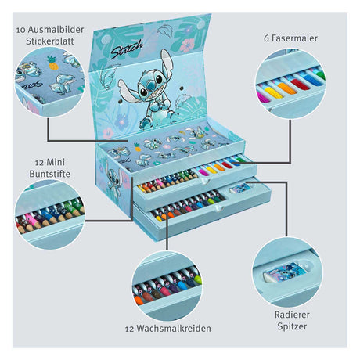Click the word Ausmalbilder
(x=56, y=30)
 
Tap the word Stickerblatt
(x=50, y=41)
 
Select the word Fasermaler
(x=294, y=38)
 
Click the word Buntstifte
(x=49, y=174)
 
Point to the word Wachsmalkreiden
(x=174, y=329)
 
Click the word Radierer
(x=292, y=315)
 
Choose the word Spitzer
(x=292, y=326)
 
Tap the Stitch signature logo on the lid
(x=127, y=49)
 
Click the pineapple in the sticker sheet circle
(x=53, y=63)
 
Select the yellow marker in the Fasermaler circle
(x=273, y=92)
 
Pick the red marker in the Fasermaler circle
(x=300, y=84)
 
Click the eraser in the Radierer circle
(x=285, y=272)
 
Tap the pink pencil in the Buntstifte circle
(x=34, y=221)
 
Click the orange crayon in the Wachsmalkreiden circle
(x=139, y=300)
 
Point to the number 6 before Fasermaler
(x=266, y=38)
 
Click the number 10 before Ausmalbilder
(x=21, y=31)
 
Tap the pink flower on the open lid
(x=187, y=45)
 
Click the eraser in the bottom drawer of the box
(x=240, y=188)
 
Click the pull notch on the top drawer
(x=205, y=182)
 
